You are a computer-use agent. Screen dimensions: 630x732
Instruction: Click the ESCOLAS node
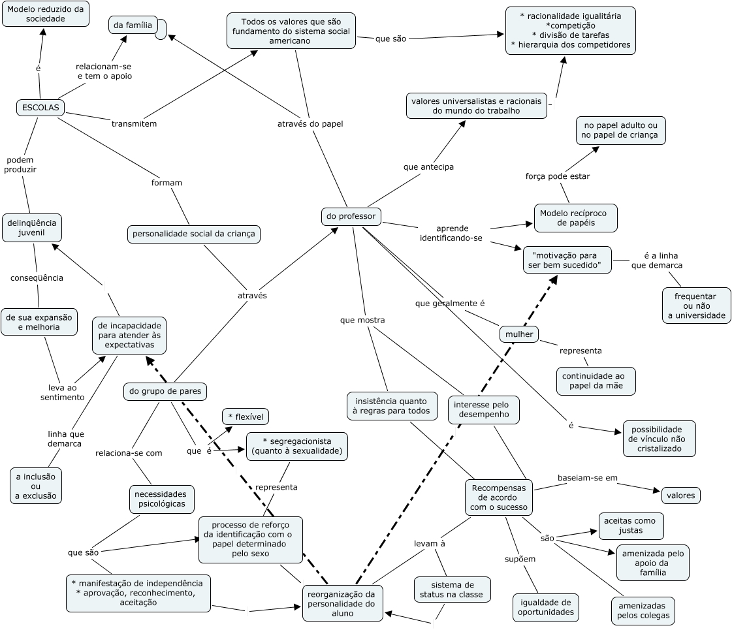pyautogui.click(x=40, y=108)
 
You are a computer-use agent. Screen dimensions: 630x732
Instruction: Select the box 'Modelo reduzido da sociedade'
pyautogui.click(x=46, y=14)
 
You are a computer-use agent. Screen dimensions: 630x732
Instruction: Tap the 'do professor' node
pyautogui.click(x=351, y=216)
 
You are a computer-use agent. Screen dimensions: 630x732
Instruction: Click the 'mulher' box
pyautogui.click(x=519, y=334)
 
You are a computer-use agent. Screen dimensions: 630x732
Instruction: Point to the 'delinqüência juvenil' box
pyautogui.click(x=32, y=227)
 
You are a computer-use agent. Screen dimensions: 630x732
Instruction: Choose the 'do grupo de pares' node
pyautogui.click(x=165, y=391)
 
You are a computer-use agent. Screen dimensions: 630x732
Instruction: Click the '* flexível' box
pyautogui.click(x=246, y=417)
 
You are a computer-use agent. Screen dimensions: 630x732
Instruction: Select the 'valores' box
pyautogui.click(x=681, y=496)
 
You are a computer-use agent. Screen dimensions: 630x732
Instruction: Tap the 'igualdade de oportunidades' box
pyautogui.click(x=546, y=607)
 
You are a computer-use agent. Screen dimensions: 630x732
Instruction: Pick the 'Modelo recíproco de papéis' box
pyautogui.click(x=575, y=218)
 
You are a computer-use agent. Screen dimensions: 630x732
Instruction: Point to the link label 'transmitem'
pyautogui.click(x=134, y=123)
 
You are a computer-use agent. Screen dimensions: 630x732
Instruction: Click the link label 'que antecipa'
pyautogui.click(x=428, y=166)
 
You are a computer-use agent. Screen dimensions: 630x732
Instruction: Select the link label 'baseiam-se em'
pyautogui.click(x=587, y=478)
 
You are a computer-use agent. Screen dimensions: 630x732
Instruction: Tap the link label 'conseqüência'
pyautogui.click(x=37, y=277)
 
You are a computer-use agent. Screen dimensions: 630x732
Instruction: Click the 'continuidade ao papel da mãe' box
pyautogui.click(x=596, y=381)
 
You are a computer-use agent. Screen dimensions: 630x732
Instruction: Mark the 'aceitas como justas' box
pyautogui.click(x=631, y=526)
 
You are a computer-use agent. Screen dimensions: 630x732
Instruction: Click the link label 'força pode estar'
pyautogui.click(x=558, y=176)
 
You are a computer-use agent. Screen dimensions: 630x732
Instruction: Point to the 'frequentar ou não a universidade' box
pyautogui.click(x=697, y=306)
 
